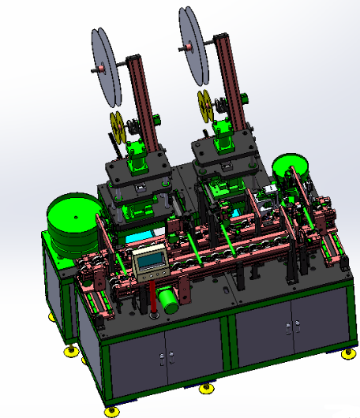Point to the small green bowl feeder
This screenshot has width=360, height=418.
click(x=289, y=166)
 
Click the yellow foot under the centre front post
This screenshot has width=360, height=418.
click(x=207, y=388)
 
